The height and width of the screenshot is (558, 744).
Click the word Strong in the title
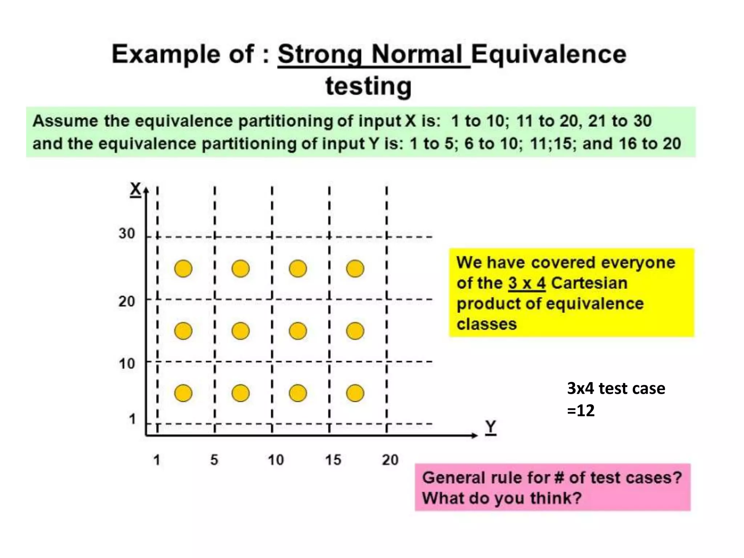coord(320,54)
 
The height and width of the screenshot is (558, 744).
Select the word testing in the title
coord(368,86)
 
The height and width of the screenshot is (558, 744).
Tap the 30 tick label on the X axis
coord(126,233)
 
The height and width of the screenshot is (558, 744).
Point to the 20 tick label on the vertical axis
coord(126,301)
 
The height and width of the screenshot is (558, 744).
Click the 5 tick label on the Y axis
coord(214,460)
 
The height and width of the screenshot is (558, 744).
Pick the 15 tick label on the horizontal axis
coord(333,460)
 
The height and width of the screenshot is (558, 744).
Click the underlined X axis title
coord(136,189)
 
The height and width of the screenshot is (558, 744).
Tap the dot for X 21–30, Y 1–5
coord(183,269)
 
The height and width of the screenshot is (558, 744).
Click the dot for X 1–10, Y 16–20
coord(355,393)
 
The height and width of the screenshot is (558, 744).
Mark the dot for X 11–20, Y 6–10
coord(240,331)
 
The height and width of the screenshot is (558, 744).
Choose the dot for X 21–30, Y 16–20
coord(355,269)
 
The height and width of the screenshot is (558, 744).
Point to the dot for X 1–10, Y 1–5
coord(183,393)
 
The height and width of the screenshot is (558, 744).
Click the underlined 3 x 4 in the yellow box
coord(526,283)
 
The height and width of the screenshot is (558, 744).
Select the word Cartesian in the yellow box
coord(589,283)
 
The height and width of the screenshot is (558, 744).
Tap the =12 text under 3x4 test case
coord(581,411)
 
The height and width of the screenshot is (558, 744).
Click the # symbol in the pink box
coord(559,477)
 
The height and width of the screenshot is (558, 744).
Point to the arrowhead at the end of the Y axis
coord(474,435)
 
